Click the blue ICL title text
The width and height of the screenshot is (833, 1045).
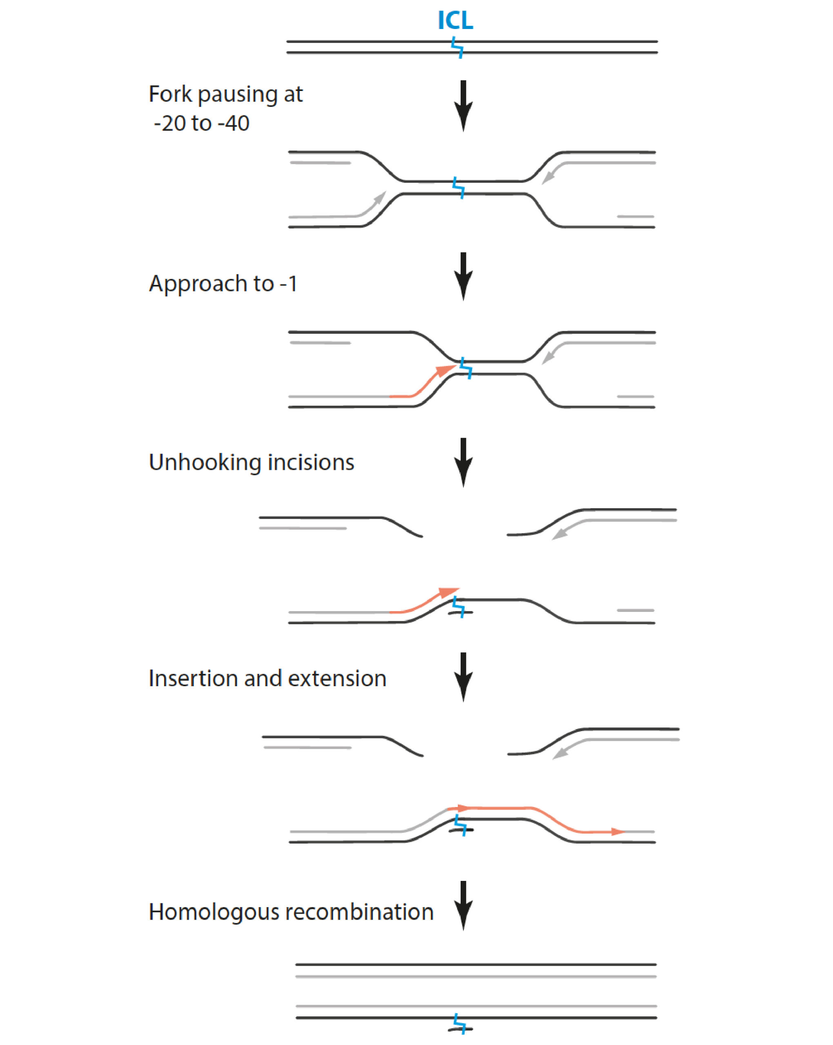pos(455,20)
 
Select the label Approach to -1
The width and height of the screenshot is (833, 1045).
pos(223,284)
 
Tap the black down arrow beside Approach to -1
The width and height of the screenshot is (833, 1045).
pos(463,276)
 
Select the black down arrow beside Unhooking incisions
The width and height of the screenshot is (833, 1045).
pos(463,462)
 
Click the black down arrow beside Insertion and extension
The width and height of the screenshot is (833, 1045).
pos(463,678)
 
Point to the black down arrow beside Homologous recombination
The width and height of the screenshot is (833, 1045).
pos(463,905)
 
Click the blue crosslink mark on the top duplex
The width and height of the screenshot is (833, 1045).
pos(457,47)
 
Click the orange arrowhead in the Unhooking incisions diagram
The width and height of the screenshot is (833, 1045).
pos(448,592)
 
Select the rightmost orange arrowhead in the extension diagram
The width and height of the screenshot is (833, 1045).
pos(617,832)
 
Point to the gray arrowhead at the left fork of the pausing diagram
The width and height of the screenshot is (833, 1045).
pos(381,197)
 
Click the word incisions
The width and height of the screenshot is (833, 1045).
pos(311,462)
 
